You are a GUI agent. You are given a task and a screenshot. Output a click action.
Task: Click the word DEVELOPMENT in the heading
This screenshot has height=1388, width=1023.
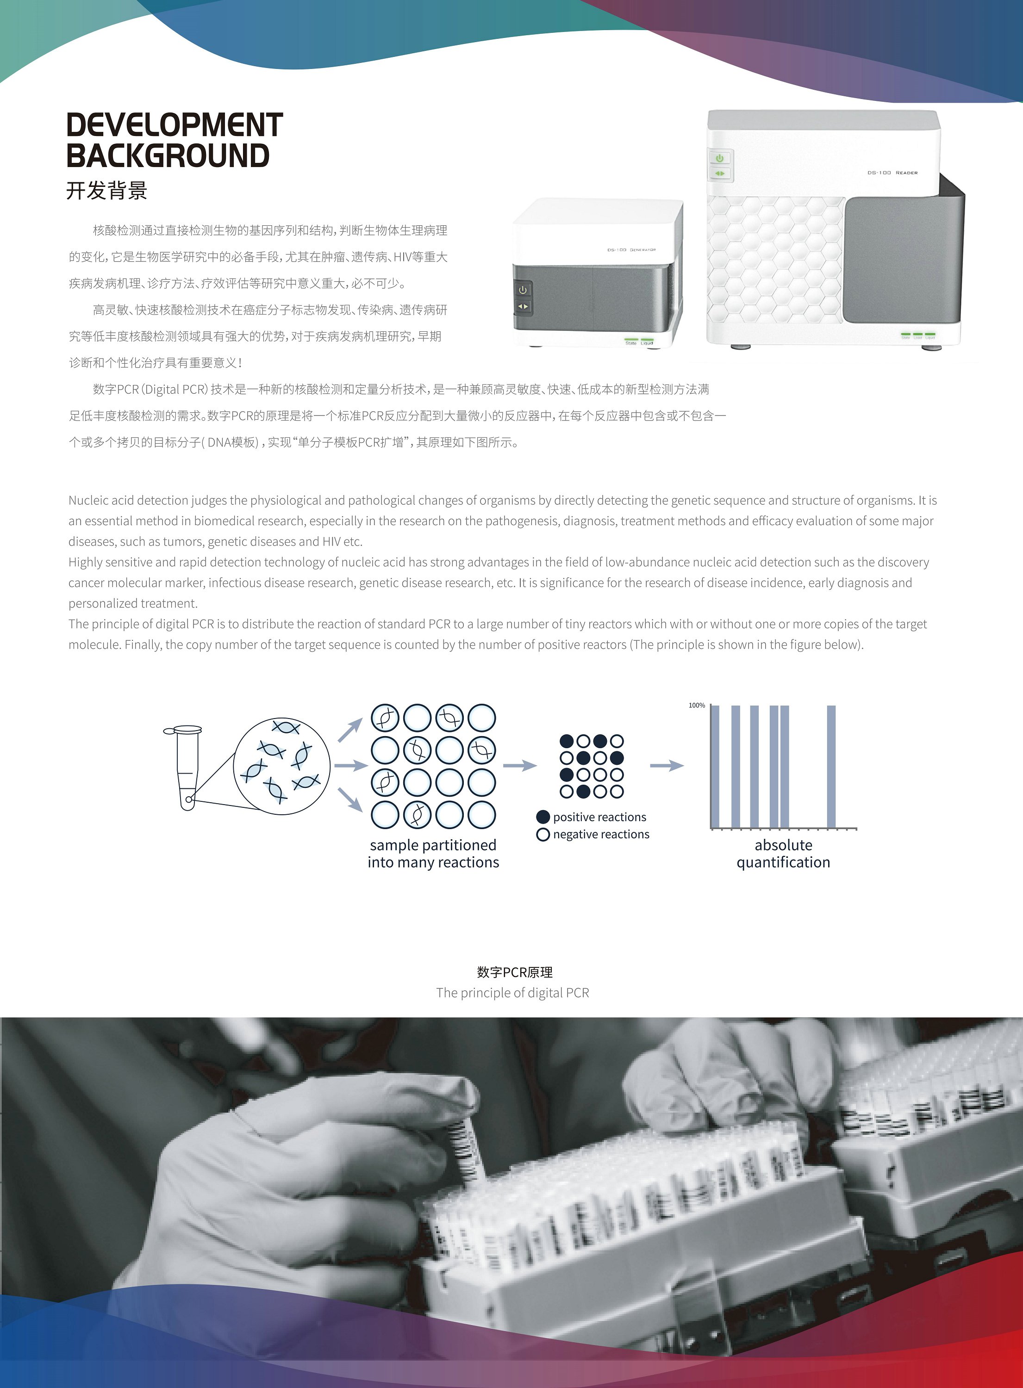coord(175,125)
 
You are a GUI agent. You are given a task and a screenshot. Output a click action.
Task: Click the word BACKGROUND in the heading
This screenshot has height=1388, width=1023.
coord(168,155)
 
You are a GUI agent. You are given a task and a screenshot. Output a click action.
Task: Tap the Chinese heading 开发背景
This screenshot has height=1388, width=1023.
coord(106,191)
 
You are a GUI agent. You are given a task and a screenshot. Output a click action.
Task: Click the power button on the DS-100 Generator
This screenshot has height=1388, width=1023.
coord(523,290)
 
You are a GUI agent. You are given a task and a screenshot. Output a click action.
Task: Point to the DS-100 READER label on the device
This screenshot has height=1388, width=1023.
coord(892,173)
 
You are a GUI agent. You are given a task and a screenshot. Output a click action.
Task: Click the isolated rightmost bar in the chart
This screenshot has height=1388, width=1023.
coord(831,766)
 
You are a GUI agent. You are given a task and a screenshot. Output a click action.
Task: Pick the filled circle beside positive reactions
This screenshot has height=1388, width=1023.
coord(543,817)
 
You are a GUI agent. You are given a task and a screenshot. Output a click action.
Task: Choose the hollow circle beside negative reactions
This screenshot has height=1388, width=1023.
coord(543,835)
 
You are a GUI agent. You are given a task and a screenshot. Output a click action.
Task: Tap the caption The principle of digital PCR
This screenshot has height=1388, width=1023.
coord(512,992)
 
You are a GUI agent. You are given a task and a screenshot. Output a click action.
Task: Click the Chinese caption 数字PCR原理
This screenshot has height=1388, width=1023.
coord(515,972)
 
